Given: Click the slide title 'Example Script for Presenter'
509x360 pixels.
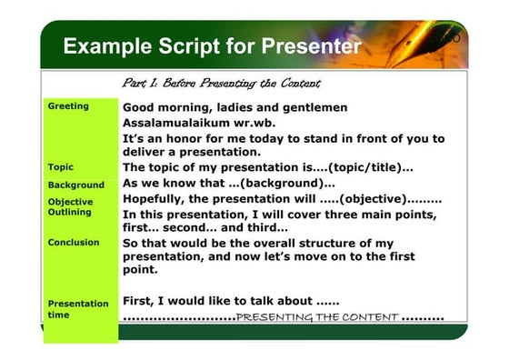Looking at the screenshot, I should coord(212,46).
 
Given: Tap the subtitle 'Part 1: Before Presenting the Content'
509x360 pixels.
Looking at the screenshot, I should coord(221,84).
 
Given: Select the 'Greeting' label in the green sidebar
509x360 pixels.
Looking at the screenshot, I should coord(68,106).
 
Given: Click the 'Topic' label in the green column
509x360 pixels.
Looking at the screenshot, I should coord(61,167).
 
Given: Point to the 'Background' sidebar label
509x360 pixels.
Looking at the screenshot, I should coord(75,185).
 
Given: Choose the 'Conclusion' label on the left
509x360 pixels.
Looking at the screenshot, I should coord(74,243).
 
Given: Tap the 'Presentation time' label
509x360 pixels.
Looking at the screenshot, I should coord(77,309).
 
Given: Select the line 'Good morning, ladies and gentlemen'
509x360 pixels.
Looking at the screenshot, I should coord(235,107).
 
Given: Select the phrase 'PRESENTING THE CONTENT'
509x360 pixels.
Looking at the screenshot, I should coord(316,317).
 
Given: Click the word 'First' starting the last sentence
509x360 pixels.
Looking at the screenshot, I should coord(138,300).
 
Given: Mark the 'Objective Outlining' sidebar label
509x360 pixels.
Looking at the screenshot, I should coord(70,206).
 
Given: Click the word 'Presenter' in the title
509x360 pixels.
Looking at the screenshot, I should coord(311,46).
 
